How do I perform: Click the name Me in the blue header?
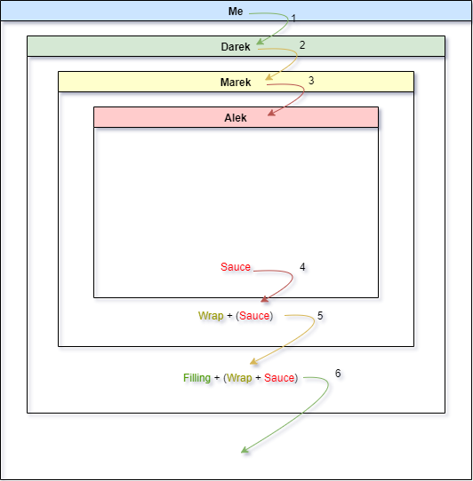click(236, 12)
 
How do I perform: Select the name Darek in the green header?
click(236, 47)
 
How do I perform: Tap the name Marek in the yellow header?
click(236, 83)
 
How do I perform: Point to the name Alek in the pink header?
click(236, 118)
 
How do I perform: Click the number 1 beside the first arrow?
click(293, 19)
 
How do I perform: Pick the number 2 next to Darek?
click(302, 45)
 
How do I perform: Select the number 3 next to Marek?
click(311, 81)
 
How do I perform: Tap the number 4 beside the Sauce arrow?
click(302, 267)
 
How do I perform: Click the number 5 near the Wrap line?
click(320, 316)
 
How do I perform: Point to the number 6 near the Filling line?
click(338, 374)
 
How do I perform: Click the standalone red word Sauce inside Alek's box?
click(236, 267)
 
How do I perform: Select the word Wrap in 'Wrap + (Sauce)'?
click(211, 316)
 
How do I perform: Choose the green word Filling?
click(197, 378)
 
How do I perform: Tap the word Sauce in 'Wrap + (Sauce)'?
click(254, 316)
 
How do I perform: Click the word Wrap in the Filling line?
click(239, 378)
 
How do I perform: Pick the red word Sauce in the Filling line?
click(279, 378)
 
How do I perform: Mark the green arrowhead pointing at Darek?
click(260, 42)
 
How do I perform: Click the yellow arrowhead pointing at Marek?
click(269, 77)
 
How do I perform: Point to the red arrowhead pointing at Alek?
click(271, 113)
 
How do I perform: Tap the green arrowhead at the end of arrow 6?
click(245, 450)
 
